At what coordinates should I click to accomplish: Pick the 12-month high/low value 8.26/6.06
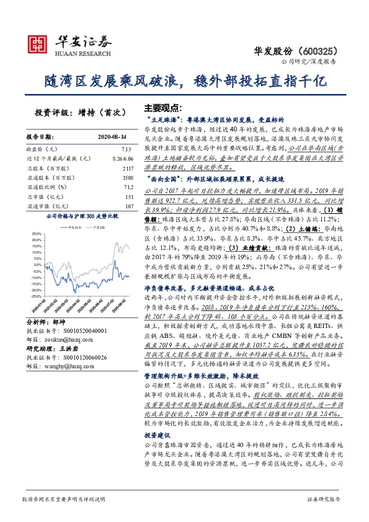click(x=122, y=159)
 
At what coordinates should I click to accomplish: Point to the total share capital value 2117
click(x=128, y=168)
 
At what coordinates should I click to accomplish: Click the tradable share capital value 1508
click(x=128, y=177)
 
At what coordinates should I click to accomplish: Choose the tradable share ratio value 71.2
click(x=128, y=187)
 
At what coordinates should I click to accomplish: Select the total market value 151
click(x=129, y=196)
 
